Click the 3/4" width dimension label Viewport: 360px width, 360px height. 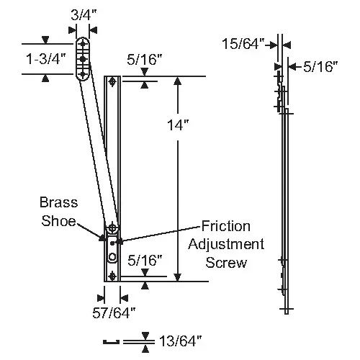coord(84,15)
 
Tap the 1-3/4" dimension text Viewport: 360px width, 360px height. coord(46,59)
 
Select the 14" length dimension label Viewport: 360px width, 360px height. coord(178,125)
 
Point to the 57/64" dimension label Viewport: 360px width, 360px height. coord(114,312)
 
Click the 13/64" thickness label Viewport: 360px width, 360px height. coord(181,341)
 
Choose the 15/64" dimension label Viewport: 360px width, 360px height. coord(243,44)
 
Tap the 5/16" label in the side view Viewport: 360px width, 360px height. coord(320,66)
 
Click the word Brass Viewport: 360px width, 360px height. coord(59,202)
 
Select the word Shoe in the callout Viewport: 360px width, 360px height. coord(58,220)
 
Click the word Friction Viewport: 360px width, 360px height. coord(226,226)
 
